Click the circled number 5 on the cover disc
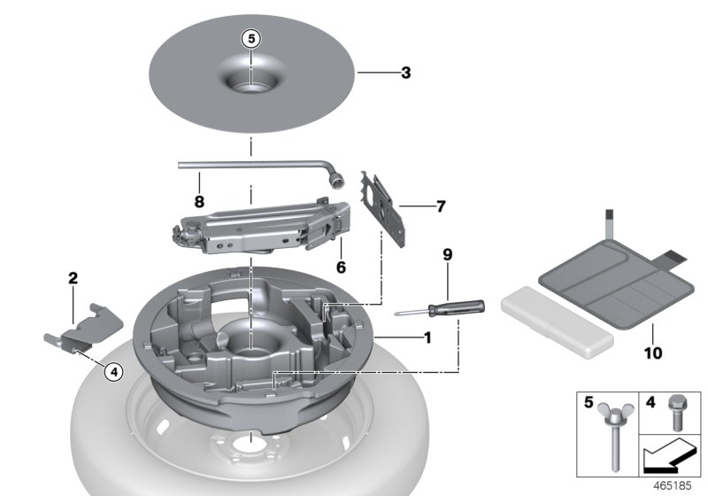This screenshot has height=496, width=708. (251, 39)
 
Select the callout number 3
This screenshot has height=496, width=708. (405, 73)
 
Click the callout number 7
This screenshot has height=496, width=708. (441, 206)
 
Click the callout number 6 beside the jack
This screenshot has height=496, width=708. (341, 266)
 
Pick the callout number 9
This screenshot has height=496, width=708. (448, 255)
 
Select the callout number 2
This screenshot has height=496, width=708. (73, 278)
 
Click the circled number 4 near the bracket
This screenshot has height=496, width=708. (113, 373)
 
